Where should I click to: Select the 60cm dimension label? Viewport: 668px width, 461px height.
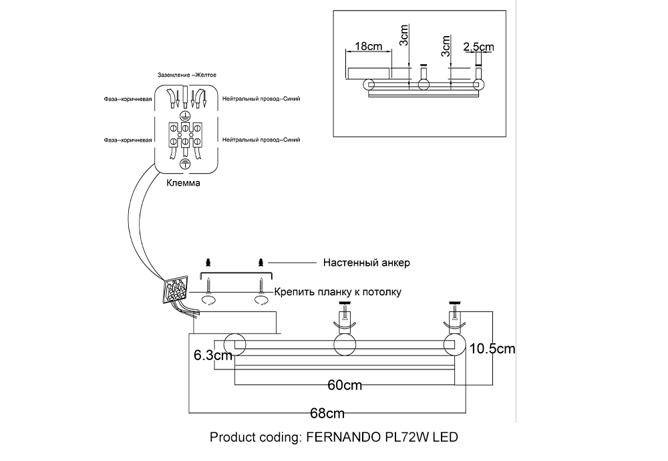(345, 386)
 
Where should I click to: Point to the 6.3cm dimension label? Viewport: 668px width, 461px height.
(212, 355)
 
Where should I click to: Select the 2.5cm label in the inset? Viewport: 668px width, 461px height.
(478, 47)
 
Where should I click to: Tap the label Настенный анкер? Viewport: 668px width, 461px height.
(366, 263)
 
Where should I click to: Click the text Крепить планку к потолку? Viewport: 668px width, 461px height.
(338, 292)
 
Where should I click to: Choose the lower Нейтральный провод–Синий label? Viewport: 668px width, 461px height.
(261, 140)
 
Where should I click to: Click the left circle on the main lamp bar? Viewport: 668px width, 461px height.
(234, 345)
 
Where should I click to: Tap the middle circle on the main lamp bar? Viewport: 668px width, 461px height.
(345, 345)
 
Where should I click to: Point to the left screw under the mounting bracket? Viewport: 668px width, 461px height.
(208, 285)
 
